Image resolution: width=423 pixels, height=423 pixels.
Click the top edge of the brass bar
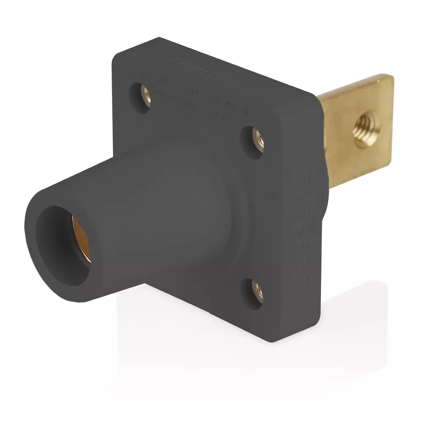point(355,85)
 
